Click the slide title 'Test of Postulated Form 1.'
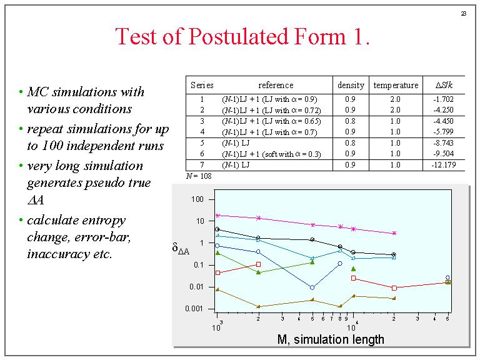(x=242, y=37)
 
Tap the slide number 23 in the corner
(x=464, y=13)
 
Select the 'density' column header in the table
(x=351, y=85)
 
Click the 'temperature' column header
(x=396, y=85)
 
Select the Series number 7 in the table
(x=202, y=164)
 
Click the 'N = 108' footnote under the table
(x=199, y=176)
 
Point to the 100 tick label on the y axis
(x=198, y=199)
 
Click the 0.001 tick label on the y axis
(x=195, y=309)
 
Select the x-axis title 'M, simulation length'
(x=331, y=339)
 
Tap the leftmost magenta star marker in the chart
(x=217, y=215)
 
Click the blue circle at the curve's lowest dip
(x=312, y=287)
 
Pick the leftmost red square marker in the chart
(x=217, y=273)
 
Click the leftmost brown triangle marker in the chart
(x=217, y=289)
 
